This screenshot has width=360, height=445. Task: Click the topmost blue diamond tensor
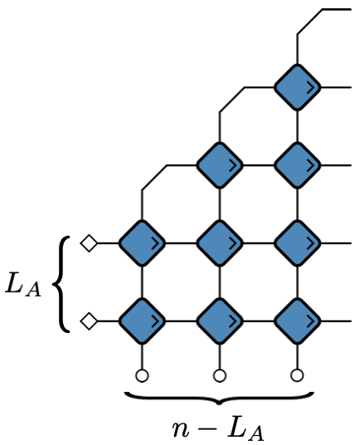[297, 87]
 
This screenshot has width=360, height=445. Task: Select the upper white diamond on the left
[89, 243]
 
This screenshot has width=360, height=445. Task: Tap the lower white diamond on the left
[89, 321]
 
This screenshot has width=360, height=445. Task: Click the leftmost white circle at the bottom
[142, 375]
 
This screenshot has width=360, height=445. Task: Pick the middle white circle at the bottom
[220, 375]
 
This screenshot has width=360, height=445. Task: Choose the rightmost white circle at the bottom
[297, 375]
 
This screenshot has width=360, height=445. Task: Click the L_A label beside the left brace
[23, 285]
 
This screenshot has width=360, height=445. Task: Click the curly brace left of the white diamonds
[61, 284]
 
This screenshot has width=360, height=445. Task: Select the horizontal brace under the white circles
[219, 398]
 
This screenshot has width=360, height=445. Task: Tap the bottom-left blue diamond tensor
[142, 321]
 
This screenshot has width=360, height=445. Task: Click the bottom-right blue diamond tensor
[297, 321]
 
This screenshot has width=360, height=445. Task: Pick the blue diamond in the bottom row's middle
[220, 321]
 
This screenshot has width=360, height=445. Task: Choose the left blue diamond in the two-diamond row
[220, 165]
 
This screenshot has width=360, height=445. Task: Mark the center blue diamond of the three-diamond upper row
[220, 243]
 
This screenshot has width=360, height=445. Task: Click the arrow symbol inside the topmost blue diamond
[311, 88]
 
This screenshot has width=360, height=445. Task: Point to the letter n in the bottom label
[181, 430]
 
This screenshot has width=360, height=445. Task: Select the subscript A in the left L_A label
[33, 290]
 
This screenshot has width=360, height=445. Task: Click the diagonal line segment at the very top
[310, 22]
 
